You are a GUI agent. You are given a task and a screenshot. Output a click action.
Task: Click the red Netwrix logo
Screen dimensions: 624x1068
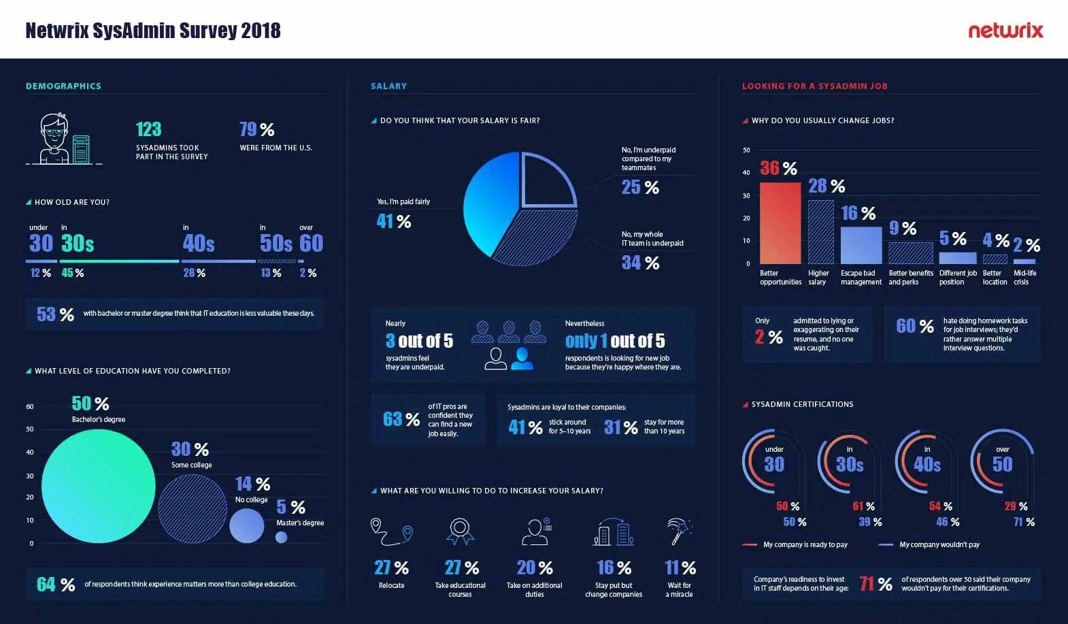1005,31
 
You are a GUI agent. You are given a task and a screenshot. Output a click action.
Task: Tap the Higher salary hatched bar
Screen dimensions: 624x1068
820,231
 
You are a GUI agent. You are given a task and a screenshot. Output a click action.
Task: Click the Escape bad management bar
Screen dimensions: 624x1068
861,245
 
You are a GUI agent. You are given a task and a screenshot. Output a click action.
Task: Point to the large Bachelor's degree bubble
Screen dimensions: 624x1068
99,486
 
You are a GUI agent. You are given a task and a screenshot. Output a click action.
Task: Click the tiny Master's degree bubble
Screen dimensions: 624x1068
281,537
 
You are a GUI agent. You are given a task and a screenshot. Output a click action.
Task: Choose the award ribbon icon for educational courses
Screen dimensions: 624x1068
461,531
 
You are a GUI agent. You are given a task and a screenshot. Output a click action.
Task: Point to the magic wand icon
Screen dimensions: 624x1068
679,531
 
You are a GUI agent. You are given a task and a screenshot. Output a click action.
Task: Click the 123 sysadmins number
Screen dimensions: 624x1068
148,129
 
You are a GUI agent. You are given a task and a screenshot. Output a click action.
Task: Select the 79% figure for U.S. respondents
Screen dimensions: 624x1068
256,129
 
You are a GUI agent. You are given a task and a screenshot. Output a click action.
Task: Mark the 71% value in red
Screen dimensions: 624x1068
875,583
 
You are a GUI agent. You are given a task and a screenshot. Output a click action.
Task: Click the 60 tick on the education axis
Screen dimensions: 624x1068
30,407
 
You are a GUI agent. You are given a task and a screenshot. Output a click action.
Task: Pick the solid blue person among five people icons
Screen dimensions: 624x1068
522,358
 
